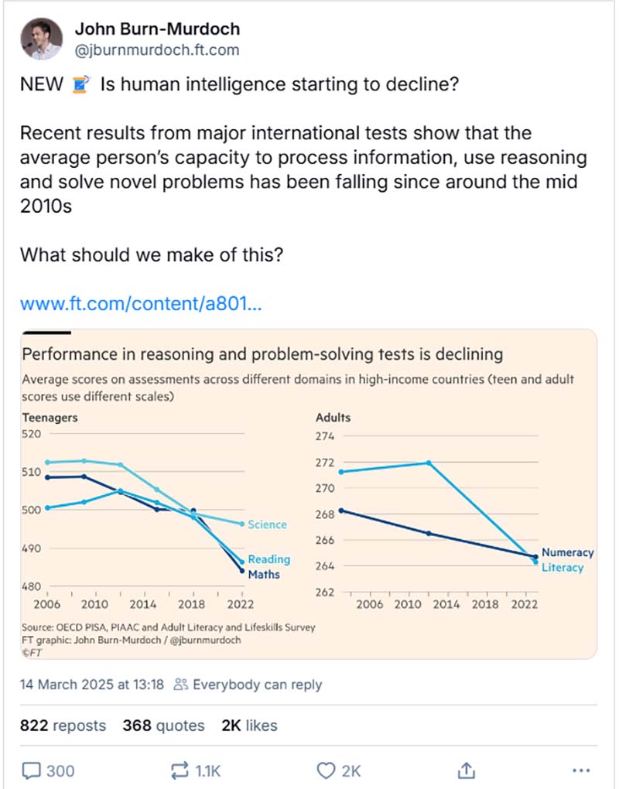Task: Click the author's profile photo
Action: coord(40,39)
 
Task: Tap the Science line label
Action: coord(267,524)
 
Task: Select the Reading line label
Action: coord(268,559)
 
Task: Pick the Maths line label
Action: coord(264,574)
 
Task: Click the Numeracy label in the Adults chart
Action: coord(567,552)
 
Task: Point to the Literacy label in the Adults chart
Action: coord(563,567)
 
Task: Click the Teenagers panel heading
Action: coord(50,418)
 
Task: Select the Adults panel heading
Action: coord(333,418)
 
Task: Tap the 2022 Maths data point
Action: coord(241,571)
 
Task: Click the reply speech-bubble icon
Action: coord(32,770)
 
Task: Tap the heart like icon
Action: coord(327,770)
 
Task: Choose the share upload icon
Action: coord(466,770)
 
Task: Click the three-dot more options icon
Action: coord(580,770)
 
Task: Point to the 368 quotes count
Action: coord(163,726)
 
